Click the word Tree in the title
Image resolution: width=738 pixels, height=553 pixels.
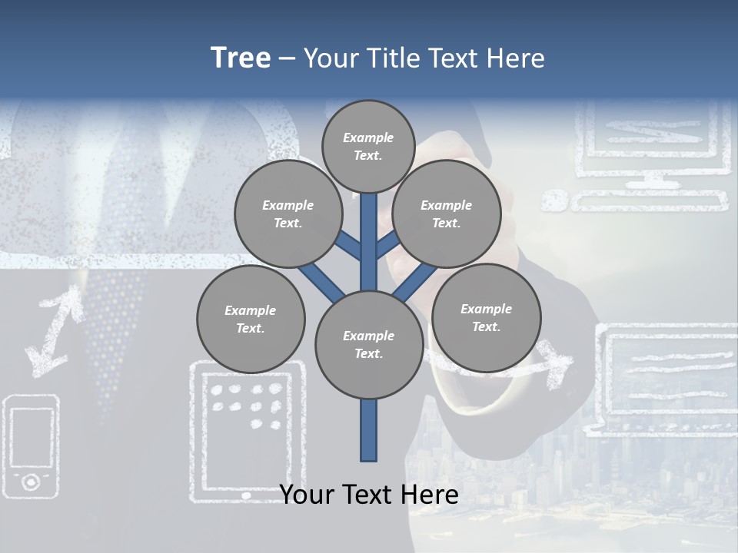(241, 58)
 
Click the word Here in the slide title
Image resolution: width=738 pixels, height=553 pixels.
(514, 58)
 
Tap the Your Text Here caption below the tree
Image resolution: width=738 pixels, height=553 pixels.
(368, 495)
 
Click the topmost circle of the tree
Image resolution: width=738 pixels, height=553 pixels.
(368, 146)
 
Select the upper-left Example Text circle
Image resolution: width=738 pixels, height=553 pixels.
(288, 214)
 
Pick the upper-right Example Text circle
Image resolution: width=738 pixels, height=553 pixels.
(446, 214)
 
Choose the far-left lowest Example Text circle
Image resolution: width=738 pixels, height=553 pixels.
(250, 319)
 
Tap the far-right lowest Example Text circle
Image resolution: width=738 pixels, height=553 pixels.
(486, 317)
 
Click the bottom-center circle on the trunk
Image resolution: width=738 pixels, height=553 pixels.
(368, 345)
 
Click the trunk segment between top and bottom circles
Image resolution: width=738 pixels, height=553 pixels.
(368, 242)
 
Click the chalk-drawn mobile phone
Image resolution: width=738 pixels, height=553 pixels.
(32, 445)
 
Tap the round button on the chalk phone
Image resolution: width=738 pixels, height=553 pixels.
(31, 482)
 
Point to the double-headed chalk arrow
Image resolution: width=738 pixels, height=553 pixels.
(54, 330)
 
